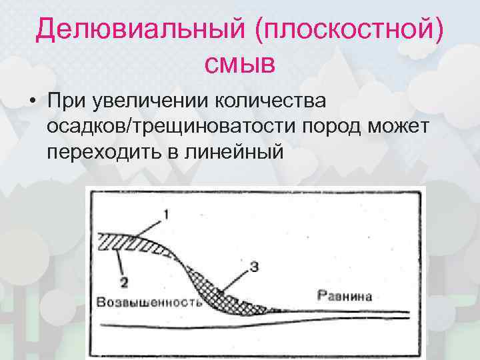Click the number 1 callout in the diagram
pyautogui.click(x=166, y=215)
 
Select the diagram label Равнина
pyautogui.click(x=344, y=295)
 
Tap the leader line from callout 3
pyautogui.click(x=237, y=279)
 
